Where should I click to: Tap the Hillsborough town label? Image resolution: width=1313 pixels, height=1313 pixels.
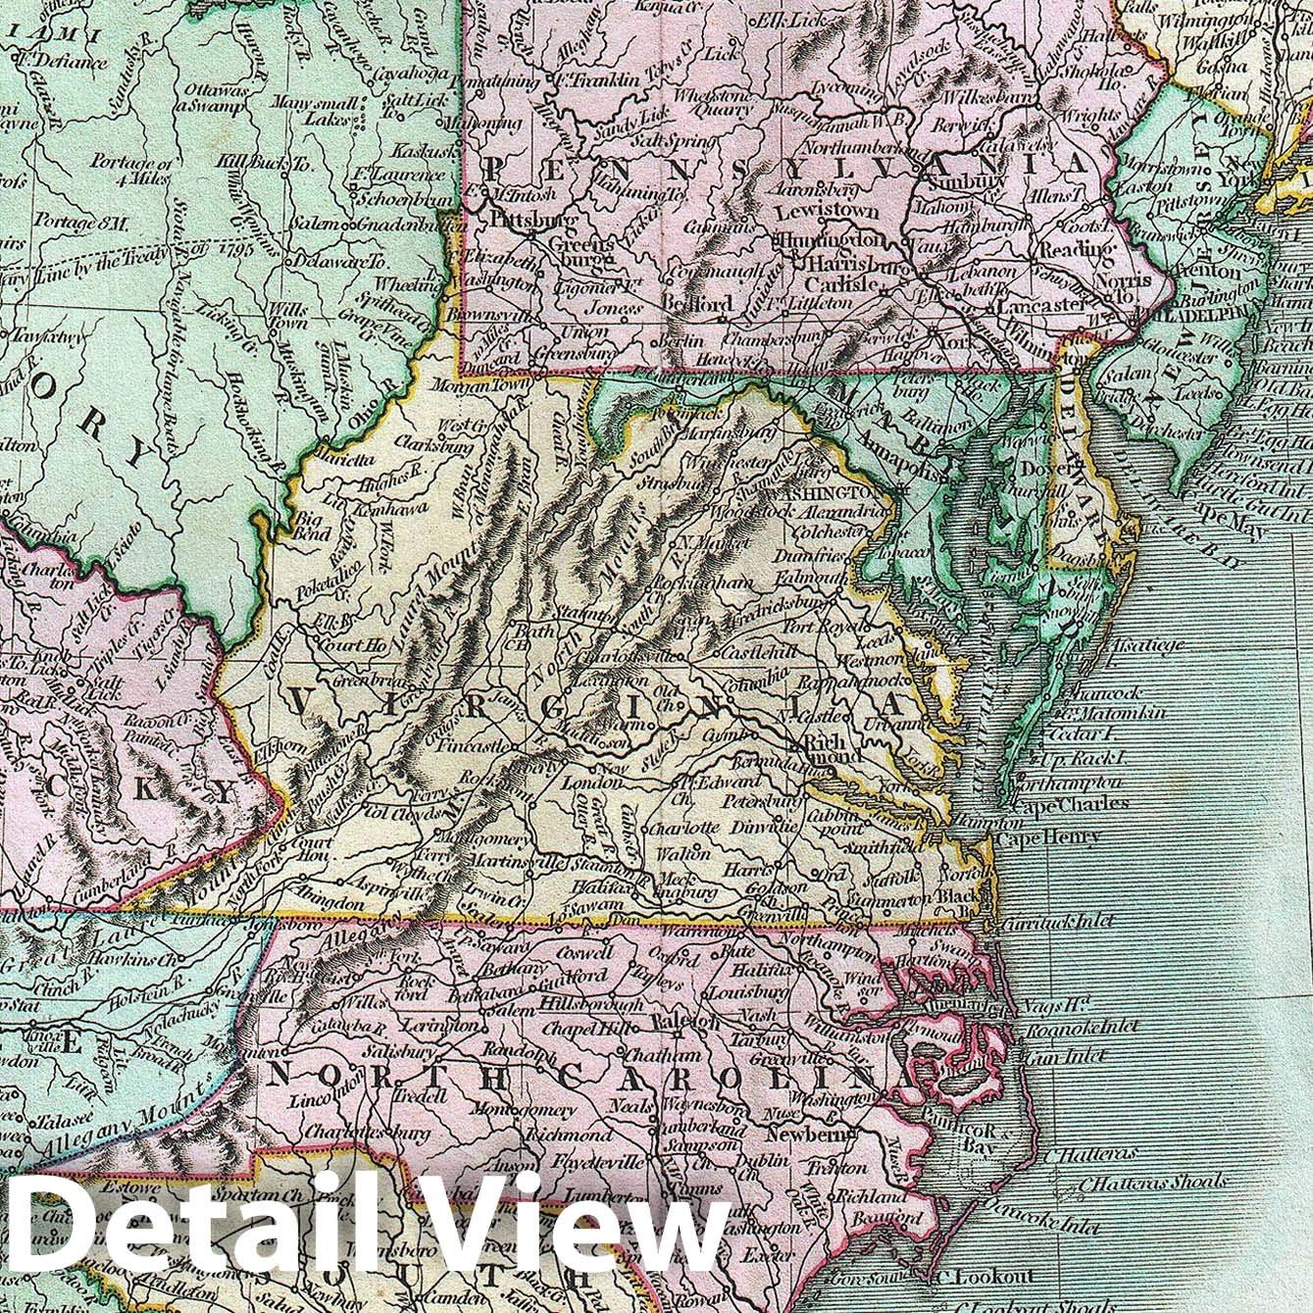point(585,1007)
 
